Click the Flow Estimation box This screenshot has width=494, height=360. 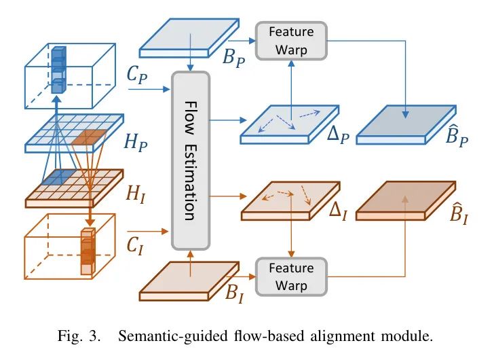[x=191, y=160]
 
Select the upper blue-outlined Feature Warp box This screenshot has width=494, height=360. [x=290, y=40]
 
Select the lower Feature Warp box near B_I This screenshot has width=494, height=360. [x=290, y=276]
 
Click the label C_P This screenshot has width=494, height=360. [x=138, y=75]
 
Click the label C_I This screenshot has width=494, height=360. [x=138, y=245]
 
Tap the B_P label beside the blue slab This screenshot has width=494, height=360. [x=234, y=55]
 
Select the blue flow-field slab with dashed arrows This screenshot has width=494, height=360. [x=289, y=123]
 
